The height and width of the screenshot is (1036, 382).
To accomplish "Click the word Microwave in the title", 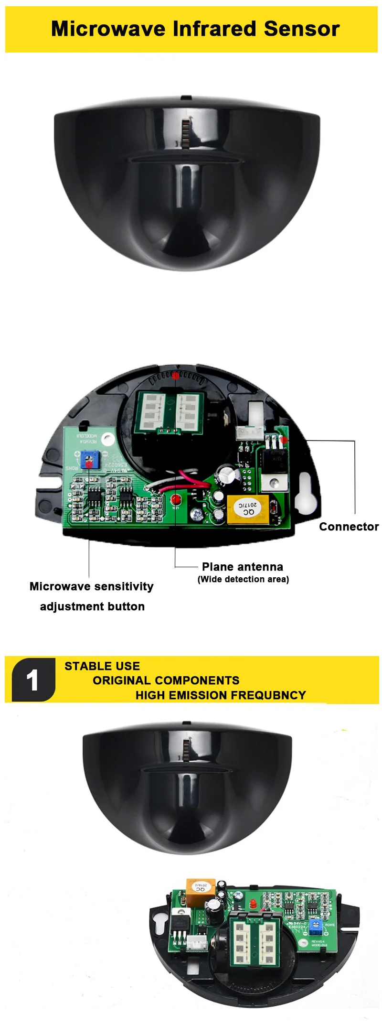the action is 108,29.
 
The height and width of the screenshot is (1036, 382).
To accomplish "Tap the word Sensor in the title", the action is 301,29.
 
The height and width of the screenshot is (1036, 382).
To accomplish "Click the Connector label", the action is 349,527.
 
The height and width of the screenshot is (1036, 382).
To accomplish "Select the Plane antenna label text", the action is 242,567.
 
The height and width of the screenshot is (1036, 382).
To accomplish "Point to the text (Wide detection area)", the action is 243,579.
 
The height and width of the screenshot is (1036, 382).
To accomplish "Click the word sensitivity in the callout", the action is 123,586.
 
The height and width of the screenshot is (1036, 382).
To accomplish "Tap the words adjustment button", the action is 92,606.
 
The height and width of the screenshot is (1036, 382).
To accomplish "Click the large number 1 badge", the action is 33,680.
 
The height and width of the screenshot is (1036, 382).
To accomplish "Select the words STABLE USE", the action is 102,666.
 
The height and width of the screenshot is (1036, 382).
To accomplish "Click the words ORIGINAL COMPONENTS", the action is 166,680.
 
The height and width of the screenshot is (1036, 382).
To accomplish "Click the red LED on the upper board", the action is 176,499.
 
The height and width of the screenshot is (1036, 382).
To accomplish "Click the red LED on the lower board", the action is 252,904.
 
